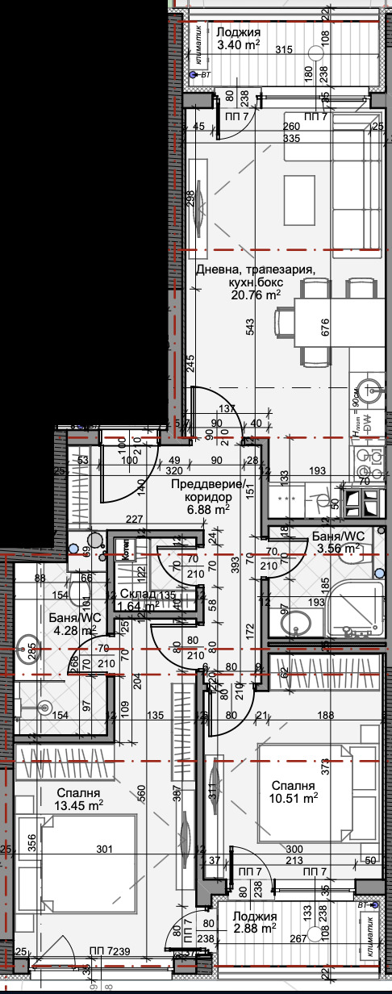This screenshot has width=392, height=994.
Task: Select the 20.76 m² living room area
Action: click(x=257, y=295)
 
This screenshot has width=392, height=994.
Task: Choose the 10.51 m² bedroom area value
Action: click(x=294, y=798)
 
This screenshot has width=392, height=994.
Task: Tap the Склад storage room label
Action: click(x=138, y=595)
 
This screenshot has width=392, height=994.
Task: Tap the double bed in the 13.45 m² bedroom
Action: click(x=77, y=855)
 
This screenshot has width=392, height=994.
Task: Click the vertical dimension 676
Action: click(x=326, y=328)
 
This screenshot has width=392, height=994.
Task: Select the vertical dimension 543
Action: click(x=251, y=326)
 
